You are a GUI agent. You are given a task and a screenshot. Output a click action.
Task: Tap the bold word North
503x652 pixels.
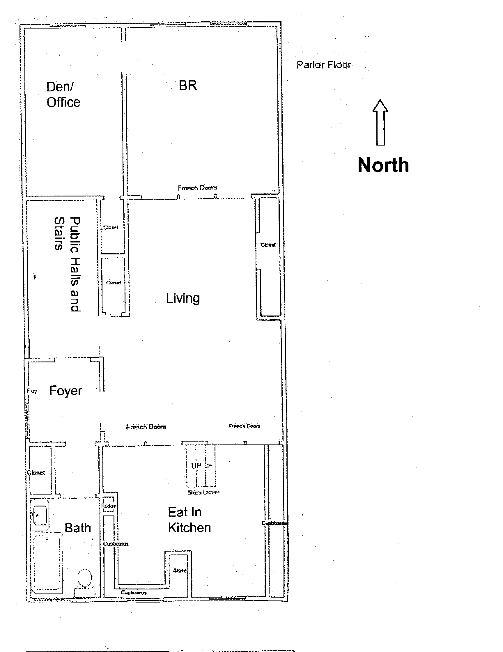pyautogui.click(x=383, y=165)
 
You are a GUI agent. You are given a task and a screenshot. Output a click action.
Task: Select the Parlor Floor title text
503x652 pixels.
pyautogui.click(x=324, y=65)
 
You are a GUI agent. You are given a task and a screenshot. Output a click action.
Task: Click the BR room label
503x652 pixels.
pyautogui.click(x=188, y=86)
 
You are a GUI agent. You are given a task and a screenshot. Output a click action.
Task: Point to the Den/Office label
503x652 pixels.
pyautogui.click(x=63, y=94)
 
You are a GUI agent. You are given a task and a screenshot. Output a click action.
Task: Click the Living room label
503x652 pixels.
pyautogui.click(x=183, y=298)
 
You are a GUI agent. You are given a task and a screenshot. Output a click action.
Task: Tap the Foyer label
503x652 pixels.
pyautogui.click(x=65, y=391)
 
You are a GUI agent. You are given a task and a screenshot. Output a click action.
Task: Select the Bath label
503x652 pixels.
pyautogui.click(x=78, y=528)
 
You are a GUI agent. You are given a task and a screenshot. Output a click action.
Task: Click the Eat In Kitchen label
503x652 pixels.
pyautogui.click(x=189, y=520)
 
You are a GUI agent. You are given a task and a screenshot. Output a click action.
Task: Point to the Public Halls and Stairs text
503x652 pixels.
pyautogui.click(x=68, y=264)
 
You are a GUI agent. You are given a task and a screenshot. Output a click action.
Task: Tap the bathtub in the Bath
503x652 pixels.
pyautogui.click(x=47, y=562)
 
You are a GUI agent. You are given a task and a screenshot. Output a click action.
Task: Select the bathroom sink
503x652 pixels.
pyautogui.click(x=40, y=515)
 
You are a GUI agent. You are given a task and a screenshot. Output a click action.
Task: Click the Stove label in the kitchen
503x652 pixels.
pyautogui.click(x=180, y=570)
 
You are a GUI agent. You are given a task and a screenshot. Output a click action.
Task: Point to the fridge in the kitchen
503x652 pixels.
pyautogui.click(x=109, y=506)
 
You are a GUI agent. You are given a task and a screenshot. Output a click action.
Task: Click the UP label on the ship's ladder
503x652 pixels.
pyautogui.click(x=196, y=465)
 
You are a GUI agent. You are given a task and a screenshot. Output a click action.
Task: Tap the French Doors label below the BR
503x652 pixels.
pyautogui.click(x=197, y=188)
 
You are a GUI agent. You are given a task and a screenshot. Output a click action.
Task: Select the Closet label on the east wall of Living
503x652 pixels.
pyautogui.click(x=268, y=245)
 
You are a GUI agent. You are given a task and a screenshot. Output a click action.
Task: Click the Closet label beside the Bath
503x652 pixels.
pyautogui.click(x=36, y=473)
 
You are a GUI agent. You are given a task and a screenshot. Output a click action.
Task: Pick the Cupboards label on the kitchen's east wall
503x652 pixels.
pyautogui.click(x=274, y=523)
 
